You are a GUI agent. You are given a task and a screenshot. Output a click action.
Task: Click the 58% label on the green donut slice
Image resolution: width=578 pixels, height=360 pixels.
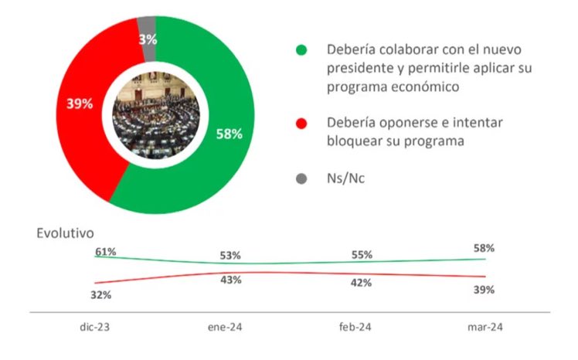(229, 134)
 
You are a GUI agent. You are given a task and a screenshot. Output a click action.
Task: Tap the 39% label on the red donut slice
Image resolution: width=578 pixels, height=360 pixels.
(80, 104)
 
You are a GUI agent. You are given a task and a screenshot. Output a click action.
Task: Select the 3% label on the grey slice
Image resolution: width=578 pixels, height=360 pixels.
(148, 39)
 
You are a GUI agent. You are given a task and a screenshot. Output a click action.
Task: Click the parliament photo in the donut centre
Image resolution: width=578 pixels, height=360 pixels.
(156, 115)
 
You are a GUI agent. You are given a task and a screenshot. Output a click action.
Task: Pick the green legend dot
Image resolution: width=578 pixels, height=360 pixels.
(301, 49)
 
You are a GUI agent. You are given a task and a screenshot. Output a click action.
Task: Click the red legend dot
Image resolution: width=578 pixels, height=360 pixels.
(301, 124)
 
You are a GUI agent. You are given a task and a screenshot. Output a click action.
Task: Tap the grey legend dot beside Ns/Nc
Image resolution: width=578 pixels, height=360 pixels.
(301, 178)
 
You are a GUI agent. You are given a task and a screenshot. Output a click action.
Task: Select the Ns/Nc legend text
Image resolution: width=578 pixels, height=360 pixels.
(345, 178)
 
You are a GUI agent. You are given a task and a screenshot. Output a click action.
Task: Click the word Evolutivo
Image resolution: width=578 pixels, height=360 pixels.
(65, 233)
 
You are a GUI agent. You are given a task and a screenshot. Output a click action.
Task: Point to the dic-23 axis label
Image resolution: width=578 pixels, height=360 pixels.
(95, 328)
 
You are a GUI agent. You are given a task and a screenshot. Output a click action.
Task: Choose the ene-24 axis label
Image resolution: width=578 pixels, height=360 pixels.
(225, 328)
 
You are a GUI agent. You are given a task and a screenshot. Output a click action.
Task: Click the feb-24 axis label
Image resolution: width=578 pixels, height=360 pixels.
(355, 328)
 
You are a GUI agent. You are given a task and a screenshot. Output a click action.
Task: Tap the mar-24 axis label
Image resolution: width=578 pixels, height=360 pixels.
(485, 328)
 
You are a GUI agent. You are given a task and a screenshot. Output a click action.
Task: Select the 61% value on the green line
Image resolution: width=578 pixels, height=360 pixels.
(106, 252)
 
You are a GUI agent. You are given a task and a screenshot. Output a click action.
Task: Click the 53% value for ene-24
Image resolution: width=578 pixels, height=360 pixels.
(230, 256)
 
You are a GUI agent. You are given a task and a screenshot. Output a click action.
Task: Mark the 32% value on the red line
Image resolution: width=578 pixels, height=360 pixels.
(101, 295)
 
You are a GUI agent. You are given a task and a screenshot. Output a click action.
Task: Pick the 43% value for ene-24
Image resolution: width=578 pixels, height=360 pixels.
(231, 280)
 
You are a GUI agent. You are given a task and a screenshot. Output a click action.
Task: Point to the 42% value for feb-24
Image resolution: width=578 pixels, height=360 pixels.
(362, 283)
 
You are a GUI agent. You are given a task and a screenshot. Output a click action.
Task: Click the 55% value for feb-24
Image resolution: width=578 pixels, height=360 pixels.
(362, 255)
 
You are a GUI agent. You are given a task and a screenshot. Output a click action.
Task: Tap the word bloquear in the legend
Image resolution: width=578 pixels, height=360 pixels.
(359, 141)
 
